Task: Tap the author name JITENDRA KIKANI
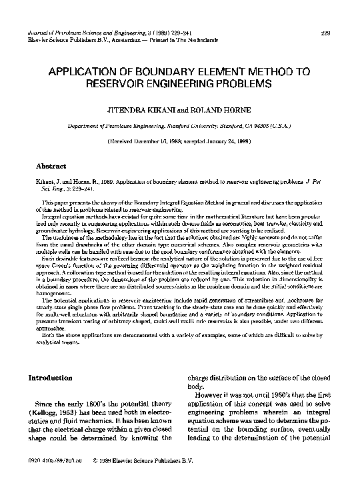coord(135,109)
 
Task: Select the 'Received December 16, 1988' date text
coord(145,142)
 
